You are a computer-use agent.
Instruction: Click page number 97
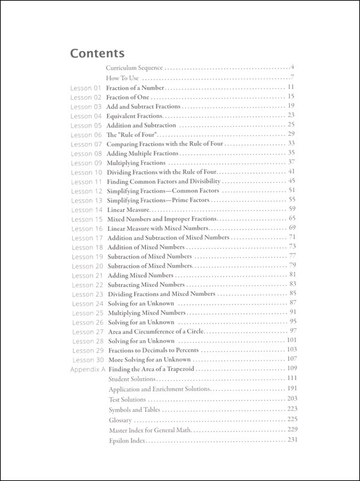293,331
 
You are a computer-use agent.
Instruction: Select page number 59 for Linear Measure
293,209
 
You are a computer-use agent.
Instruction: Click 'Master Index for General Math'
150,431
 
